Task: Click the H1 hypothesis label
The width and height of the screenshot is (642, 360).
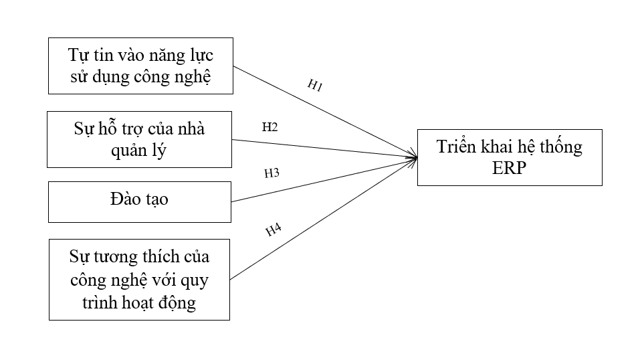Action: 315,85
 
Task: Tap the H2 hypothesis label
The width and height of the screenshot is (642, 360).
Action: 270,127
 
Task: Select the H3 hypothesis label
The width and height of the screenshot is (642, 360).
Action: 272,173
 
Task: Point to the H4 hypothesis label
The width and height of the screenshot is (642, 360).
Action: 273,230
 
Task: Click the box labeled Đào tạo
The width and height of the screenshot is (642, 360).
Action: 139,201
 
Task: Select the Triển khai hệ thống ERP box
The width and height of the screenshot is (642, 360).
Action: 510,157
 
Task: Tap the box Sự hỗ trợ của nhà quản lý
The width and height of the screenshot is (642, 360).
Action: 139,139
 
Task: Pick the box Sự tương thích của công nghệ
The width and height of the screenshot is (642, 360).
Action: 139,280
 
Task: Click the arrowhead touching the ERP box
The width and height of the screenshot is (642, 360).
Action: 415,158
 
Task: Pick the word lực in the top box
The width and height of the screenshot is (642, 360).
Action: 202,54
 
